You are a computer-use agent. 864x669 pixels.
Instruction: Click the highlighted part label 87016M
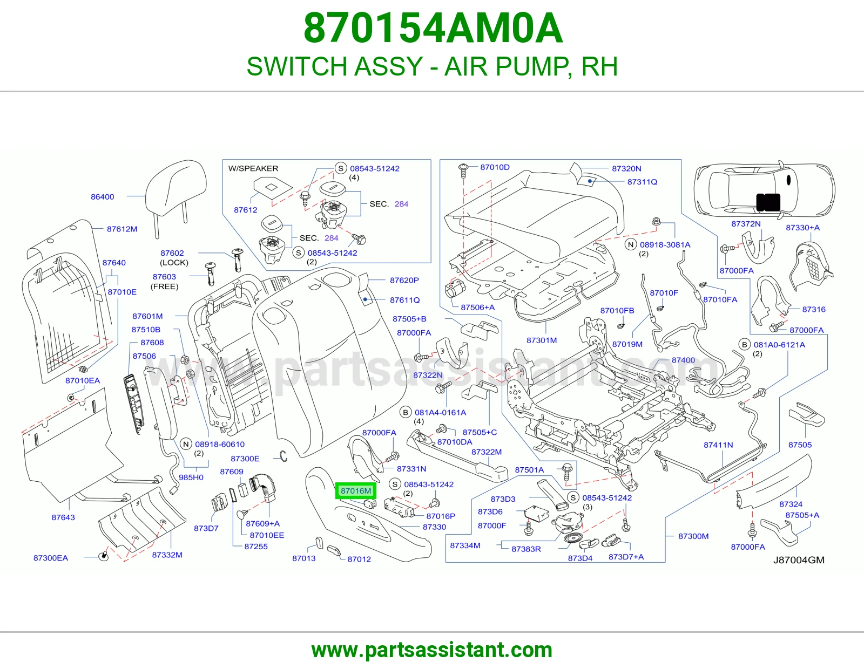(355, 490)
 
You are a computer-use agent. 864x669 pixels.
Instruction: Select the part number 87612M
(122, 229)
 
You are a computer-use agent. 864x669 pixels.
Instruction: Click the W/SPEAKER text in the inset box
(253, 168)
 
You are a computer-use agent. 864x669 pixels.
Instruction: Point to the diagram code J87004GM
(799, 560)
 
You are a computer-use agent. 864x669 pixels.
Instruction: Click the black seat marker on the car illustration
(768, 202)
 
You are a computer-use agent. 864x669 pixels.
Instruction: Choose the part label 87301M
(542, 340)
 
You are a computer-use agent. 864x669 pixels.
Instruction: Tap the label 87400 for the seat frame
(683, 360)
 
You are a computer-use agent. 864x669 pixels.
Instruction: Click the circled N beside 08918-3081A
(631, 245)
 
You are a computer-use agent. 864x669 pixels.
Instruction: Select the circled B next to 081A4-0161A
(405, 412)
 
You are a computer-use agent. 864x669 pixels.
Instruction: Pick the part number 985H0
(191, 477)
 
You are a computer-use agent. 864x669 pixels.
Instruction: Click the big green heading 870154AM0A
(433, 28)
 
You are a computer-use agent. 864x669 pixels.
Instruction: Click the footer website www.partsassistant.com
(432, 650)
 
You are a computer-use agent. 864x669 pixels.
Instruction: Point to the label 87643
(63, 517)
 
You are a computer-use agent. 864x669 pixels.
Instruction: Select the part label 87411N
(718, 445)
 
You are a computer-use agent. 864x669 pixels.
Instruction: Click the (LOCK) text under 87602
(174, 263)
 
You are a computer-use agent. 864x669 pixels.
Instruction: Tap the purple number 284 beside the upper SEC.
(401, 204)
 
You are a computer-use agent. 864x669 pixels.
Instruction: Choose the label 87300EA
(51, 558)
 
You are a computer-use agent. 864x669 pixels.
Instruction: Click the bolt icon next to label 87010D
(463, 170)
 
